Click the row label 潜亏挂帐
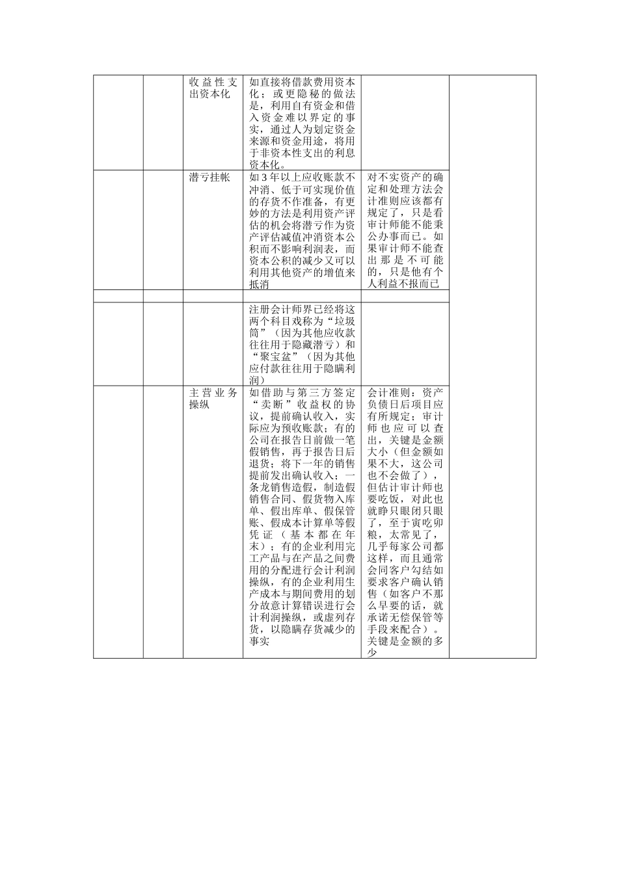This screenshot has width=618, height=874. click(x=209, y=178)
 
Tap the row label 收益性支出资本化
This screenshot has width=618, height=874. click(x=213, y=88)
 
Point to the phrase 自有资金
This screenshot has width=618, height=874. click(x=308, y=106)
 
